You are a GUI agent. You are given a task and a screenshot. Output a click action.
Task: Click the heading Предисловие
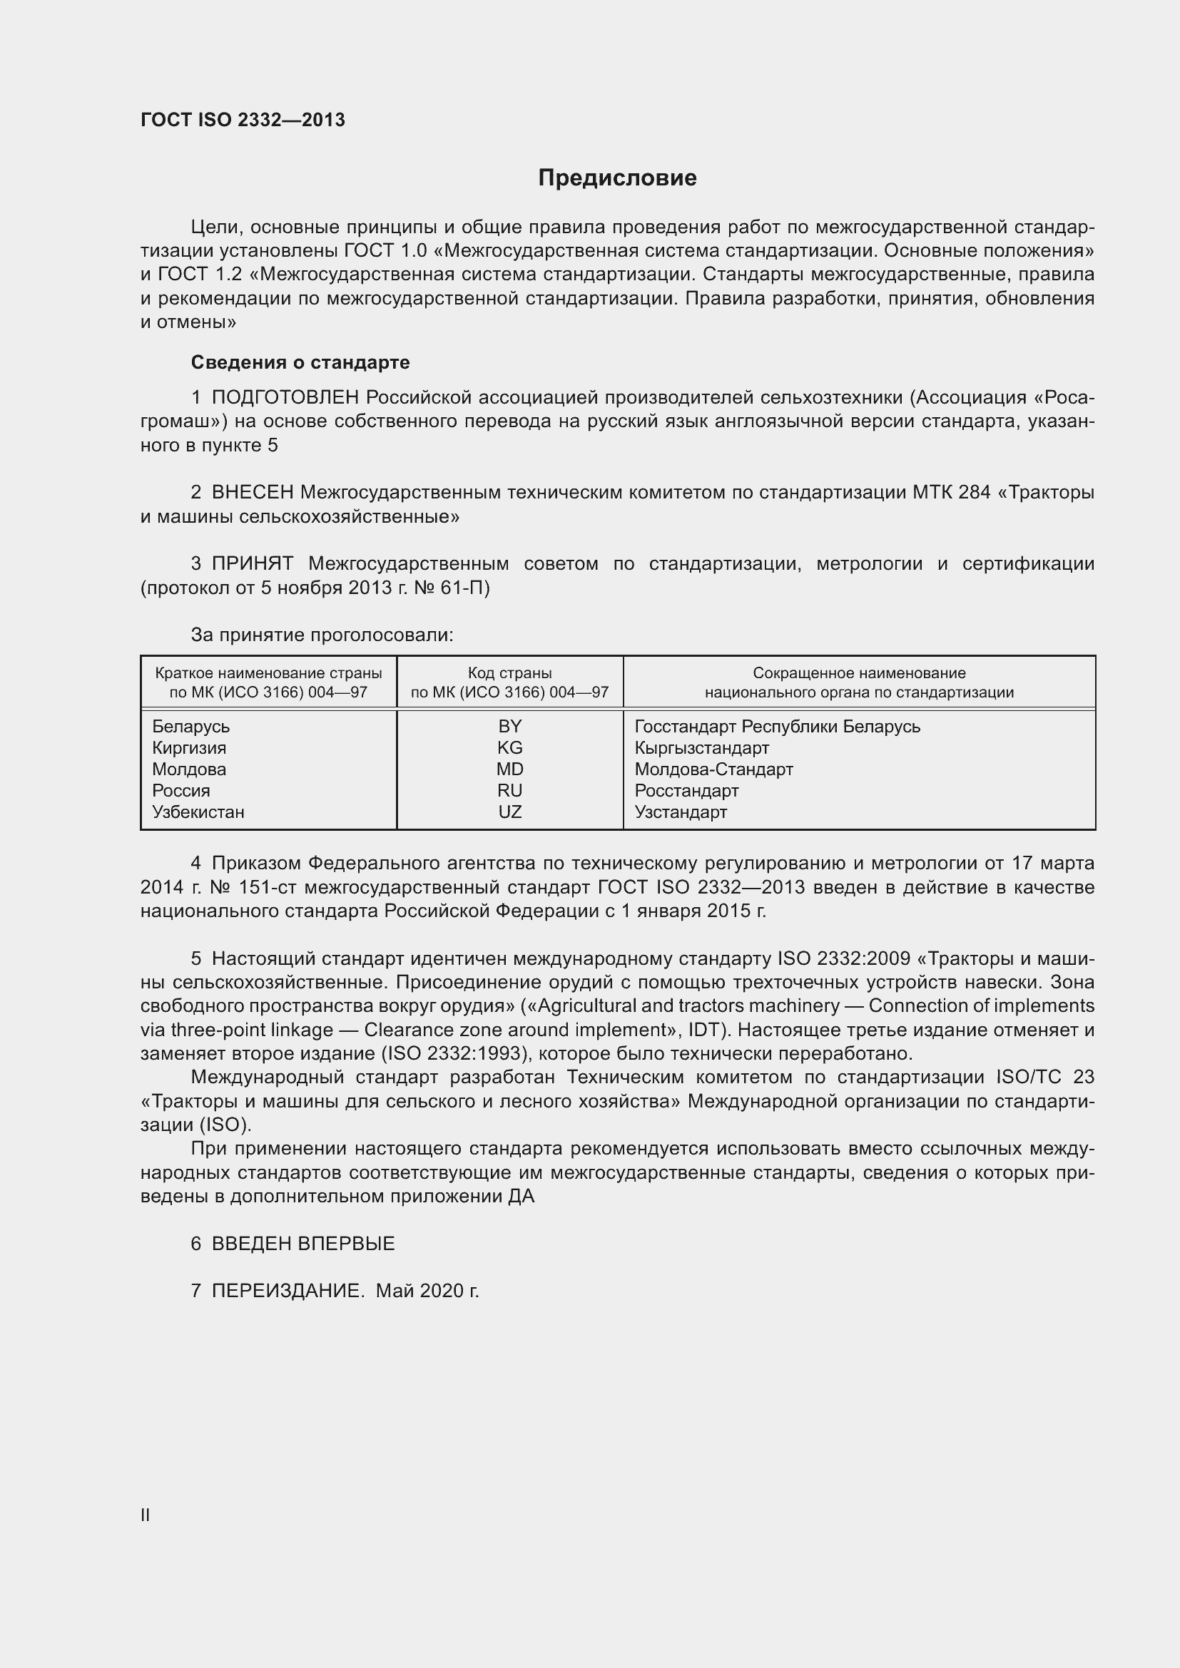pyautogui.click(x=617, y=178)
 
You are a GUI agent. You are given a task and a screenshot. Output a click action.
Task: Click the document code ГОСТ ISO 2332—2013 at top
pyautogui.click(x=243, y=120)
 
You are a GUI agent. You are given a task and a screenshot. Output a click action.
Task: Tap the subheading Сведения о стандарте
pyautogui.click(x=300, y=362)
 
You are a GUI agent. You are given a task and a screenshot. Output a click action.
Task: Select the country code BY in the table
pyautogui.click(x=509, y=727)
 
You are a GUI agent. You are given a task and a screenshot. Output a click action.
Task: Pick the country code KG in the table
pyautogui.click(x=509, y=747)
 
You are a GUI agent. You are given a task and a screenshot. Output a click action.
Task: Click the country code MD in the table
pyautogui.click(x=509, y=769)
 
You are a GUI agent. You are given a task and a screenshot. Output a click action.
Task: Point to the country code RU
pyautogui.click(x=509, y=790)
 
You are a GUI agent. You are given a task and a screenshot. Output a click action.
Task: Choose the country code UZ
pyautogui.click(x=509, y=812)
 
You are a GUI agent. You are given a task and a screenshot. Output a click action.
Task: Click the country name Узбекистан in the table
pyautogui.click(x=198, y=812)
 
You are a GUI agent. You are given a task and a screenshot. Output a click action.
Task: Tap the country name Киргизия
pyautogui.click(x=189, y=747)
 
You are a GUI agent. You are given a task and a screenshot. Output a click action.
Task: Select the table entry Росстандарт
pyautogui.click(x=686, y=790)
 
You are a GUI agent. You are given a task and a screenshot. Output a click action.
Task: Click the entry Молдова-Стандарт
pyautogui.click(x=713, y=769)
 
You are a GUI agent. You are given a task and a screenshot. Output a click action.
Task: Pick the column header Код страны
pyautogui.click(x=509, y=673)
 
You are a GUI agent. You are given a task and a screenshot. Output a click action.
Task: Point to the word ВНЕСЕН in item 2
pyautogui.click(x=252, y=493)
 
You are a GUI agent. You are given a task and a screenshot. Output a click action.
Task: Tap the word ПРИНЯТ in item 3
pyautogui.click(x=252, y=564)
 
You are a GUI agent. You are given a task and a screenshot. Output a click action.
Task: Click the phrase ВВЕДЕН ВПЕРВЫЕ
pyautogui.click(x=303, y=1243)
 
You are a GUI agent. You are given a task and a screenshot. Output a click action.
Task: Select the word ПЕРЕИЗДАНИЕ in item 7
pyautogui.click(x=288, y=1290)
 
